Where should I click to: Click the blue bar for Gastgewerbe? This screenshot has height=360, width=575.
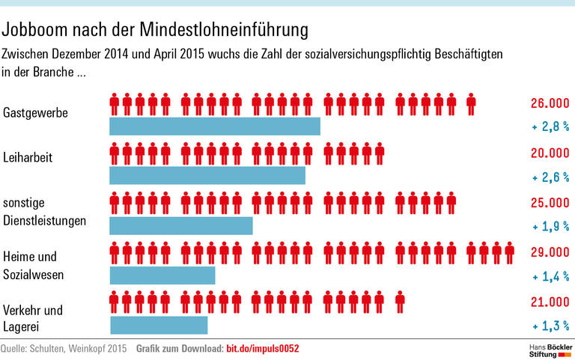(215, 126)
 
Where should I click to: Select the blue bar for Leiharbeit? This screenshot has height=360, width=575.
(207, 175)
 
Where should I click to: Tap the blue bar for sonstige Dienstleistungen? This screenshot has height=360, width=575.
(181, 225)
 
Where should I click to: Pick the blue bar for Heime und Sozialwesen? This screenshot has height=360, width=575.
(162, 275)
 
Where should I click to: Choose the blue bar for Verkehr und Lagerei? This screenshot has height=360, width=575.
(159, 325)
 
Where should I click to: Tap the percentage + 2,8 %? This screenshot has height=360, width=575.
(550, 128)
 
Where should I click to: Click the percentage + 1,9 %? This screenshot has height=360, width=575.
(550, 227)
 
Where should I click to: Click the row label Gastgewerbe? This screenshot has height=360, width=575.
(36, 114)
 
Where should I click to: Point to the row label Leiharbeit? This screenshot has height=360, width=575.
(29, 158)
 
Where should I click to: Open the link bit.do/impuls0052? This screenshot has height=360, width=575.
(263, 349)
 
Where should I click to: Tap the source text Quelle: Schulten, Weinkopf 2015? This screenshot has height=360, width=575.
(64, 349)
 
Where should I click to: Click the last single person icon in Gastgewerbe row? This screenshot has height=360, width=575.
(471, 105)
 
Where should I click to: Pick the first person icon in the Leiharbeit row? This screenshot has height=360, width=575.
(115, 154)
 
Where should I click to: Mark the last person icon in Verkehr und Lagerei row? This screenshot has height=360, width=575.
(400, 302)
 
